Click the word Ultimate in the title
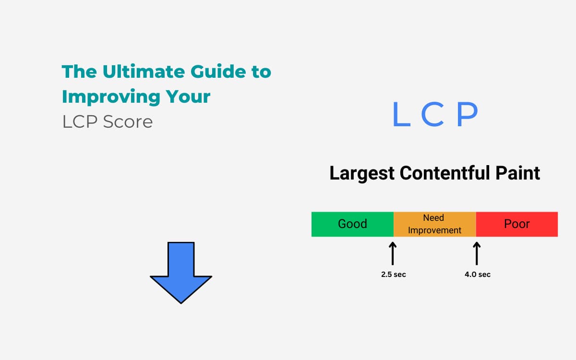point(144,71)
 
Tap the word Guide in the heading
point(218,71)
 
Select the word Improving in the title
point(111,97)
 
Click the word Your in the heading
point(188,96)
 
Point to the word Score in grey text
point(128,121)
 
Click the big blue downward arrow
point(181,273)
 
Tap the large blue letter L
point(401,114)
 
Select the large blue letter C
point(432,114)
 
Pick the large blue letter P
point(467,114)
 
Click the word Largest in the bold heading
point(362,173)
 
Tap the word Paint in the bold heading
point(517,172)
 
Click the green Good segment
point(352,224)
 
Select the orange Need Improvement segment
point(435,224)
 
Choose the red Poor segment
point(517,224)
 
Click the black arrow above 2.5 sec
point(393,253)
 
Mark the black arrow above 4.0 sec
point(477,253)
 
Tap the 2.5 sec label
point(394,275)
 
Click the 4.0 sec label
point(478,275)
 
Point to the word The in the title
point(80,71)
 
